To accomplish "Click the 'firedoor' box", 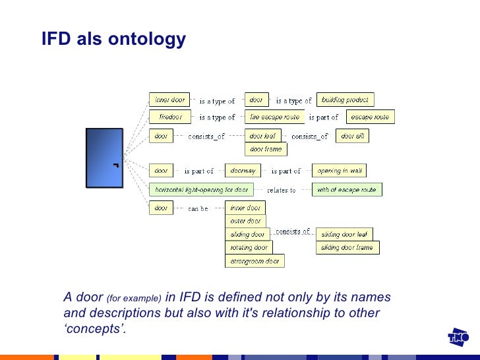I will point(170,117).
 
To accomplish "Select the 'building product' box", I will point(345,100).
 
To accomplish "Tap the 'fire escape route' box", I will point(274,117).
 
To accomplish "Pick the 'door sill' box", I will point(352,136).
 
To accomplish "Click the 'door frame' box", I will point(266,149).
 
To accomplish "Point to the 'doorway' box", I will point(243,170).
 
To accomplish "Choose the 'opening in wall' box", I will point(339,171).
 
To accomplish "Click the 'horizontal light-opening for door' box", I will point(201,190).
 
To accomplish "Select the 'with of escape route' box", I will point(346,190).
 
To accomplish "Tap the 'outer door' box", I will point(245,221).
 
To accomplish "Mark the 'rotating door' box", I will point(249,248).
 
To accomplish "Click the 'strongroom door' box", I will point(255,261).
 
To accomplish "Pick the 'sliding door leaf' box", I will point(344,234).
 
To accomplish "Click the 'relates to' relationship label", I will point(282,191).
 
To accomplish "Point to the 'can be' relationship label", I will point(198,208).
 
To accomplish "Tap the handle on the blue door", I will point(115,164).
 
